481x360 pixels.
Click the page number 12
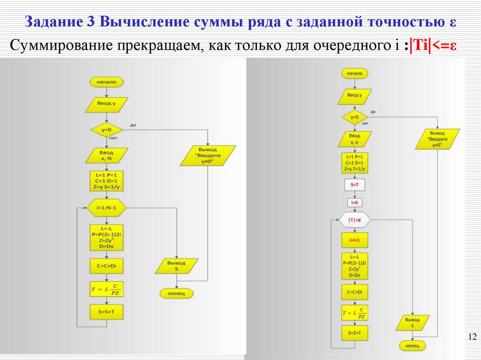(x=473, y=337)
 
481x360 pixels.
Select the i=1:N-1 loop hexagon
(x=107, y=207)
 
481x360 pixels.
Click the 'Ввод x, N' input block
(x=106, y=155)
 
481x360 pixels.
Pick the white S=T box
(x=355, y=185)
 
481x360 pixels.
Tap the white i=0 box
(x=355, y=203)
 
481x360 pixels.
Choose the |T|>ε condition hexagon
(x=355, y=219)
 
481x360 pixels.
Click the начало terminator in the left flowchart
(x=107, y=82)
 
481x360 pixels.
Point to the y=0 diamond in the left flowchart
(x=107, y=129)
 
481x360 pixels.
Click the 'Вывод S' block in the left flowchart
(x=177, y=266)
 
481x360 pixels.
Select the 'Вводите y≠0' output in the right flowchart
(x=433, y=139)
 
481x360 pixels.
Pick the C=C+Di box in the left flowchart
(x=107, y=266)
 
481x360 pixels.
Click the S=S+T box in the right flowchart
(x=355, y=333)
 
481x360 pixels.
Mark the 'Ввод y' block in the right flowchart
(x=355, y=95)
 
